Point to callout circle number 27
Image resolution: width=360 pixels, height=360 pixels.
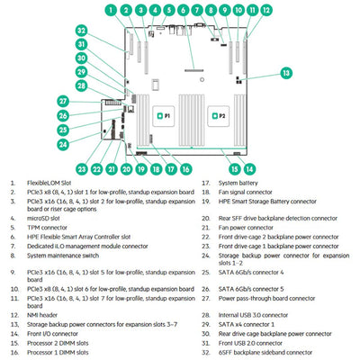pos(64,101)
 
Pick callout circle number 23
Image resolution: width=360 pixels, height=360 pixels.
pos(83,167)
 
